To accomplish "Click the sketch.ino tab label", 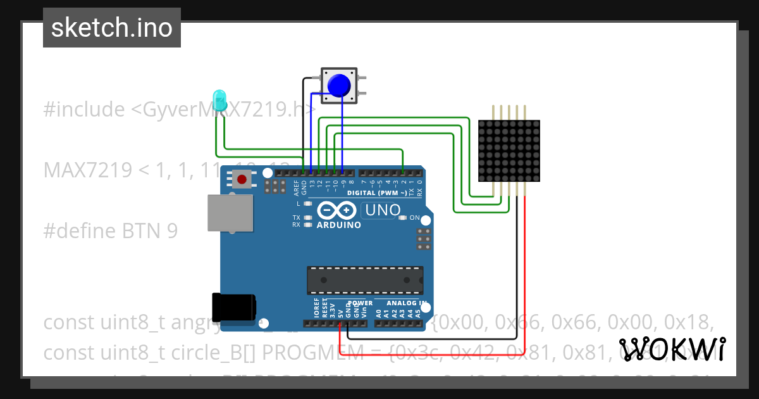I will (x=112, y=28).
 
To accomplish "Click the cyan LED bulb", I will (x=219, y=100).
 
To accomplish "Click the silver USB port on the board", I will (x=230, y=213).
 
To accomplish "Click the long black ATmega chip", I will (x=365, y=281).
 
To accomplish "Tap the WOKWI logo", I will (x=672, y=349).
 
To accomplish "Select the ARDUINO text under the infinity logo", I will (x=338, y=225).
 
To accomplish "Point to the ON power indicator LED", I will (x=403, y=218).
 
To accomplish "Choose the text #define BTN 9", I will (x=111, y=231).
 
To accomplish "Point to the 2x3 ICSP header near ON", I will (x=423, y=239).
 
